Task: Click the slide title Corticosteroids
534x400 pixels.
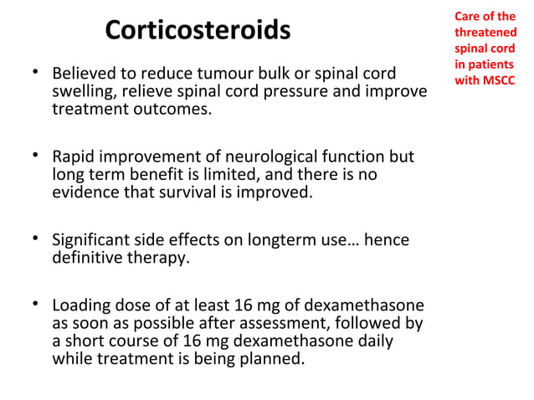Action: click(198, 31)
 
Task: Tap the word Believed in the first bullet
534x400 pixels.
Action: click(85, 73)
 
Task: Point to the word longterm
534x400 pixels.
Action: click(277, 240)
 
